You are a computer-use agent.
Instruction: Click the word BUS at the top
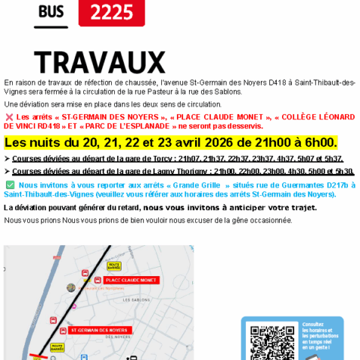coord(51,12)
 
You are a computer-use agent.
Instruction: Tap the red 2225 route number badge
coord(111,12)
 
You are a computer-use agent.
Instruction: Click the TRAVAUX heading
coord(100,61)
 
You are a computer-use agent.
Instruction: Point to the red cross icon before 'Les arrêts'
coord(9,117)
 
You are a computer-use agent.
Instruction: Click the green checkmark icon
coord(10,184)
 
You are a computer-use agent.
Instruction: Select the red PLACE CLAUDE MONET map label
coord(126,280)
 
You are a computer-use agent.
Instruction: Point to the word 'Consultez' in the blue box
coord(313,324)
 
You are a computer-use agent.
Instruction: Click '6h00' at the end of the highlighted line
coord(319,142)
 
